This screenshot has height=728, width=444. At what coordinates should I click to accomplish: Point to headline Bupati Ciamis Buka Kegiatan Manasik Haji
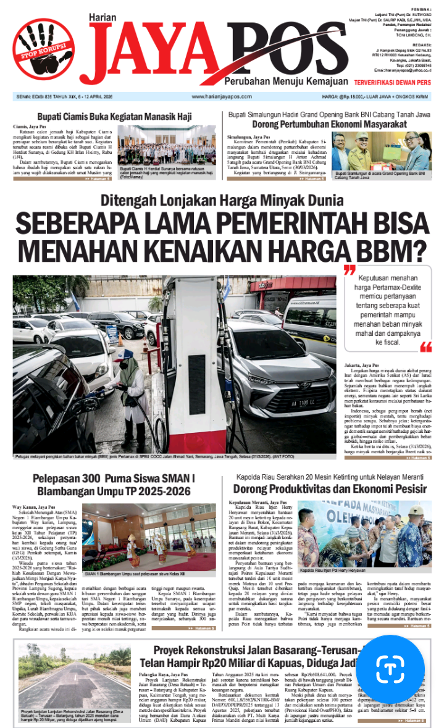click(114, 116)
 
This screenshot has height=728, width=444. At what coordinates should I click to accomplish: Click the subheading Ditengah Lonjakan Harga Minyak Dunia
click(222, 201)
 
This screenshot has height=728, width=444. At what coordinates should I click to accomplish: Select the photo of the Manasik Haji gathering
click(167, 146)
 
